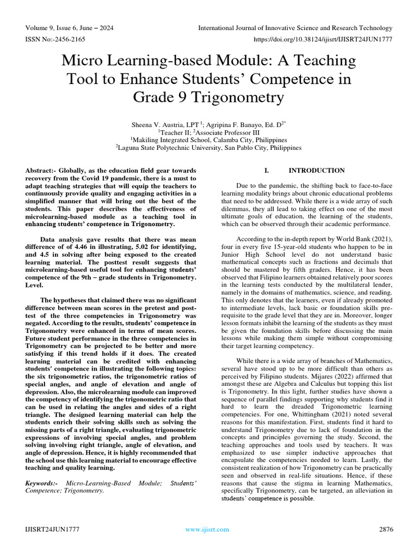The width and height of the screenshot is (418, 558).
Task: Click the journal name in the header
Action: pyautogui.click(x=295, y=28)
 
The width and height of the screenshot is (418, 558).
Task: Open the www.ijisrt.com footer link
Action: pyautogui.click(x=207, y=529)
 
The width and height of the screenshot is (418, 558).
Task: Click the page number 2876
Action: pyautogui.click(x=385, y=529)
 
